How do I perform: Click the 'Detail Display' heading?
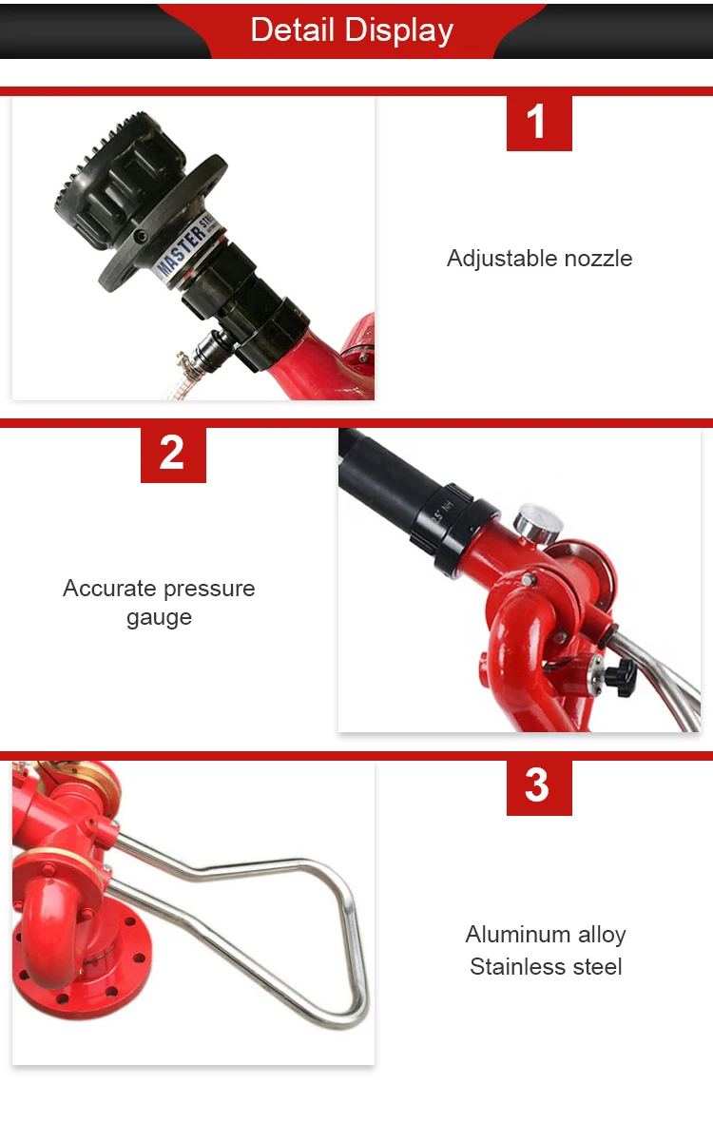click(352, 30)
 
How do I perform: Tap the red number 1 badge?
click(539, 124)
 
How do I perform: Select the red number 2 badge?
click(173, 455)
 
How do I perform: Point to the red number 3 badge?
click(539, 788)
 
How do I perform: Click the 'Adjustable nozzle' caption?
click(540, 258)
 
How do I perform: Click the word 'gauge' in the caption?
click(159, 618)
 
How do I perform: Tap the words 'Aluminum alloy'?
click(546, 935)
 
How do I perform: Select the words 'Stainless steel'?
click(546, 967)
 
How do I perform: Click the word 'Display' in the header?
click(398, 31)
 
